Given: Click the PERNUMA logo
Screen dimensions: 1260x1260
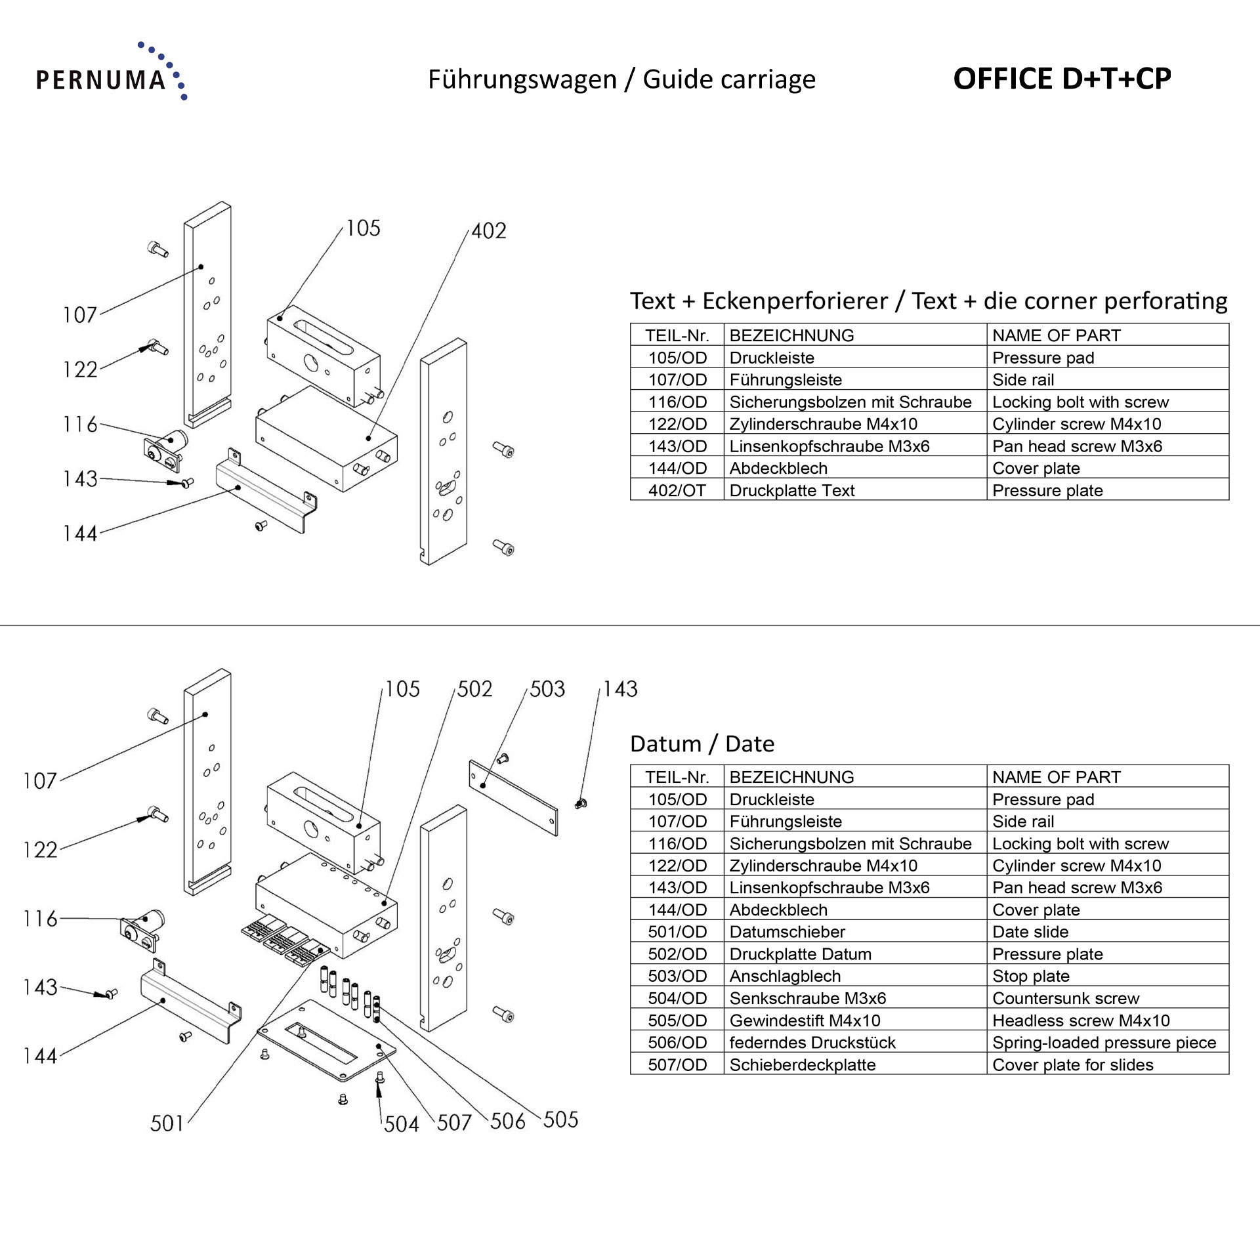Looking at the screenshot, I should tap(110, 73).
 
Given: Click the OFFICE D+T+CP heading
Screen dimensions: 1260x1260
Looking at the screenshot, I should tap(1061, 79).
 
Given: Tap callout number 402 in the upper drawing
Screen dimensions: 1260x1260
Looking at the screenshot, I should tap(488, 231).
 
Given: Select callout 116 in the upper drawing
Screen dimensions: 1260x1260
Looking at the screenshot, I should tap(80, 425).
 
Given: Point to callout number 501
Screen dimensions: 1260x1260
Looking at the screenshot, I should tap(167, 1123).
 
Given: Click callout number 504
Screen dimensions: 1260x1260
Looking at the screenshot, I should tap(401, 1124).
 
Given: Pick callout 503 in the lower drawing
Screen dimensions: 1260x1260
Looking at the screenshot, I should tap(547, 689).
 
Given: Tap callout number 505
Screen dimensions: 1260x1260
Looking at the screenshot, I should tap(560, 1120).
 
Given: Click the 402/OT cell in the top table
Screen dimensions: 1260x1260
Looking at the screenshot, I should tap(677, 490).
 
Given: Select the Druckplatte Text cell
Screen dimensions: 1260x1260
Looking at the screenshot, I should tap(791, 490).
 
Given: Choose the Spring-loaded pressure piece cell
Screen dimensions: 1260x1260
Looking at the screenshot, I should tap(1104, 1043).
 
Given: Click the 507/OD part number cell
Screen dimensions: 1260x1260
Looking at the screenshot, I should tap(677, 1064).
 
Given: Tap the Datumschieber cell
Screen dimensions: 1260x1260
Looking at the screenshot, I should tap(787, 932).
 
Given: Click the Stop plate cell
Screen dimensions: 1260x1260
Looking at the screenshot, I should tap(1030, 976).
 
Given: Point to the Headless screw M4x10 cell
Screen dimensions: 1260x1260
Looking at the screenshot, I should tap(1080, 1020).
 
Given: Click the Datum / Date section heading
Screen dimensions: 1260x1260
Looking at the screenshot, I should tap(702, 744).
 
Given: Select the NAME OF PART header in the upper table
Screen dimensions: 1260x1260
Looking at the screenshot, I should tap(1056, 335).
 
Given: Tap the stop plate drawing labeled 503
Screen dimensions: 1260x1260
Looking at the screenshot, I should tap(513, 797).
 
